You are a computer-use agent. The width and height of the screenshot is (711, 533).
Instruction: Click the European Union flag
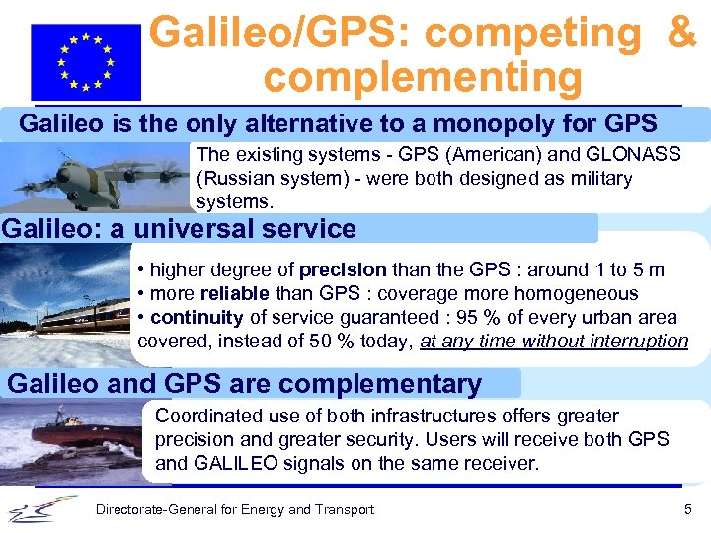(86, 62)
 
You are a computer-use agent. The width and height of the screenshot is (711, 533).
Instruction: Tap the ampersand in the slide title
(681, 32)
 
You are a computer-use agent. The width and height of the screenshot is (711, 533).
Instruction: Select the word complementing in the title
(423, 77)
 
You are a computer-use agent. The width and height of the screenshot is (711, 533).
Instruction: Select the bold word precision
(343, 269)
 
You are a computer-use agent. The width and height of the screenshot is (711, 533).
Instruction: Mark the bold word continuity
(197, 317)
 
